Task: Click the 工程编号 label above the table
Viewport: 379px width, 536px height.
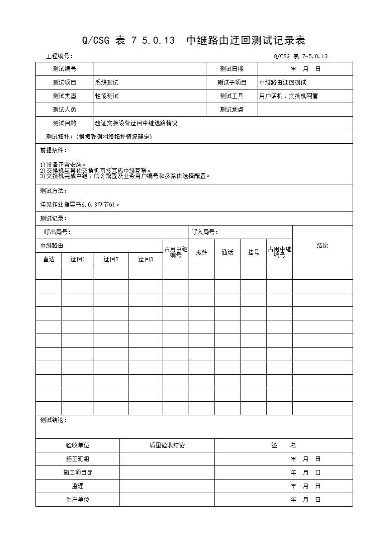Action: [x=59, y=56]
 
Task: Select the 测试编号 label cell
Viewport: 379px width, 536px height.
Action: [x=64, y=69]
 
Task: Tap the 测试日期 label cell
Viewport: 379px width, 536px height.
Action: [x=232, y=69]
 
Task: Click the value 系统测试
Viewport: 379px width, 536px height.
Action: [x=107, y=83]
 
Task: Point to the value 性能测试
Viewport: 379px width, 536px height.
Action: [x=107, y=96]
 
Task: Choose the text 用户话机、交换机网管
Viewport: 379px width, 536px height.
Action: [x=289, y=96]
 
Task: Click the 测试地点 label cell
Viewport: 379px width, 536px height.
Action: [x=232, y=110]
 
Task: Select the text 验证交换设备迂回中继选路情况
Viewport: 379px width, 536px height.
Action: [x=136, y=123]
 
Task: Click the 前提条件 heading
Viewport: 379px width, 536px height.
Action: [x=53, y=150]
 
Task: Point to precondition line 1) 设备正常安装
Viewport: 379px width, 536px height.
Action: [x=63, y=165]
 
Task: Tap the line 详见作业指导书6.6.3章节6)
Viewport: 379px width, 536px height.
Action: [x=80, y=204]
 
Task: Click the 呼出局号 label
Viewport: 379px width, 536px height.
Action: [x=57, y=232]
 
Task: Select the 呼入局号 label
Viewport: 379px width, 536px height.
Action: [x=205, y=232]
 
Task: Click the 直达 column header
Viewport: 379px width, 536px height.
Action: [x=48, y=259]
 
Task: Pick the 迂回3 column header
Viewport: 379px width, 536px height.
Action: [x=146, y=259]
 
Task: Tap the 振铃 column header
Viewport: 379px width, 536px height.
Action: [x=202, y=252]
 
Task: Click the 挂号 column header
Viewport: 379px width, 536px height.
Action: [x=253, y=252]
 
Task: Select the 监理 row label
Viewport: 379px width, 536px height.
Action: [x=77, y=486]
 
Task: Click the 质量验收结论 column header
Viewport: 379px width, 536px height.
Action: [x=167, y=446]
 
